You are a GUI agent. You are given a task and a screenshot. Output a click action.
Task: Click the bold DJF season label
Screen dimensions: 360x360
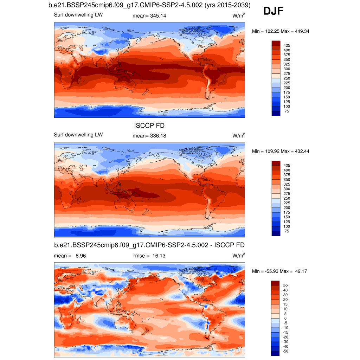point(274,12)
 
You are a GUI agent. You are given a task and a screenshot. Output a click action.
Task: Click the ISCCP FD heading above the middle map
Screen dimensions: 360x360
point(149,126)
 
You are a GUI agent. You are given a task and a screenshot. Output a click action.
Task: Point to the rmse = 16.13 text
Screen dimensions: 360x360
point(149,256)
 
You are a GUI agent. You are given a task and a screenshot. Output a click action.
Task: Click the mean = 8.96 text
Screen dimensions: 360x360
point(70,256)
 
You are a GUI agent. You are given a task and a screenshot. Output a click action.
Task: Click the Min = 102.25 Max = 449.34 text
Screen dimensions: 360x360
point(281,31)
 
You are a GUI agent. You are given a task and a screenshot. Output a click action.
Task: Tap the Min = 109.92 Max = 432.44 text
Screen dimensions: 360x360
point(281,151)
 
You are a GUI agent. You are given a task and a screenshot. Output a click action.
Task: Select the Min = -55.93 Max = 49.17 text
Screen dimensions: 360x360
point(281,271)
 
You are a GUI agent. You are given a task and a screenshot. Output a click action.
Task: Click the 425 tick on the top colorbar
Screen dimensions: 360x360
point(287,45)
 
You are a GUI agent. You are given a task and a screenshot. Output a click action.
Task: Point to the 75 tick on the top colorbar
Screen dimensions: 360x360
point(287,111)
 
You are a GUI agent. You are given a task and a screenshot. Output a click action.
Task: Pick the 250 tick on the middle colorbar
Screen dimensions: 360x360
point(287,198)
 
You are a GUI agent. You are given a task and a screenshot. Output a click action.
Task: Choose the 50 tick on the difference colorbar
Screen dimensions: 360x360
point(285,285)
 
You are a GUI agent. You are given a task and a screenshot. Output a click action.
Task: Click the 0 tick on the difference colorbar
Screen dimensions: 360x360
point(285,318)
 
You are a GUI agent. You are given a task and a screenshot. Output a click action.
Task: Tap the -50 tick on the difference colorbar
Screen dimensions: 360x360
point(285,351)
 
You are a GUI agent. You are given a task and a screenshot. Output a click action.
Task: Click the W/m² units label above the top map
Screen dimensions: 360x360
point(238,16)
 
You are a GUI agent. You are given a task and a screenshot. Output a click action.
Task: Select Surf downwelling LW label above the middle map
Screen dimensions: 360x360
point(78,135)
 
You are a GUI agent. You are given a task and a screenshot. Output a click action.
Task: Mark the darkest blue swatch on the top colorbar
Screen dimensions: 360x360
point(276,113)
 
